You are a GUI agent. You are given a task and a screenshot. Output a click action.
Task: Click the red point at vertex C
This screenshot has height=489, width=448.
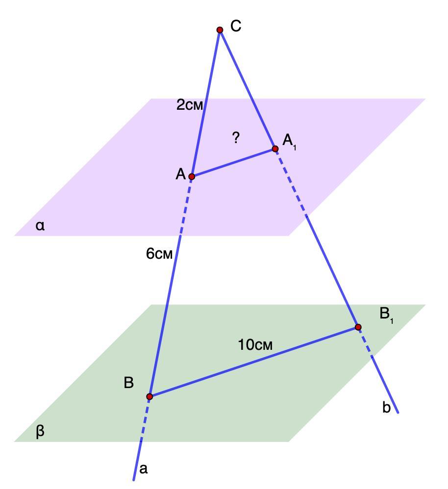point(220,30)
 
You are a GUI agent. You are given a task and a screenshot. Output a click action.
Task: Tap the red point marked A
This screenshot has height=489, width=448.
point(192,176)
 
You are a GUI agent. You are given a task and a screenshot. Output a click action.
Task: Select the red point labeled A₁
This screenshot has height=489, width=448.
point(275,148)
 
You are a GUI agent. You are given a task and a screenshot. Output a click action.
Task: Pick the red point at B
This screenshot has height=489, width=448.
point(149,396)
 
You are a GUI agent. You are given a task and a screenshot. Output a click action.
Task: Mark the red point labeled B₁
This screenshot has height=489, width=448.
point(358,327)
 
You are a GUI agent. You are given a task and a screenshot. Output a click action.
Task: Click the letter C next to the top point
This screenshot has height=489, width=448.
point(236,26)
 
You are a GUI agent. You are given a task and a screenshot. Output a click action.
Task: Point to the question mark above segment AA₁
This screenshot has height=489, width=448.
point(236,138)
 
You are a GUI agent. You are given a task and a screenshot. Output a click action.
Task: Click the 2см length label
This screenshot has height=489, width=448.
point(189,105)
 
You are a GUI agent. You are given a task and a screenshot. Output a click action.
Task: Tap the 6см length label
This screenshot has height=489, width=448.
point(159,254)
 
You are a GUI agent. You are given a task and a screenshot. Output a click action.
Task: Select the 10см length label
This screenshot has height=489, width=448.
point(255,345)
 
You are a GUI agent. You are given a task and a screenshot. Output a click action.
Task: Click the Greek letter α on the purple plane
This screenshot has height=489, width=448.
point(40,226)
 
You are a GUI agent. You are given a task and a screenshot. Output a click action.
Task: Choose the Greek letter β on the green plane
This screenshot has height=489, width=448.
point(40,432)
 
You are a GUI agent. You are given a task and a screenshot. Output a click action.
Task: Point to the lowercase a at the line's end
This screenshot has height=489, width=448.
point(143,469)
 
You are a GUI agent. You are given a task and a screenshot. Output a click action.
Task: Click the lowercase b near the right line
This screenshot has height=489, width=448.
point(386,408)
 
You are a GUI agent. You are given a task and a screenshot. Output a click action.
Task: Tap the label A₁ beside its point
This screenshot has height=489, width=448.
point(289,142)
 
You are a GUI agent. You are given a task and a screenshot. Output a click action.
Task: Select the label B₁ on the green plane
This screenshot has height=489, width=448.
point(386,315)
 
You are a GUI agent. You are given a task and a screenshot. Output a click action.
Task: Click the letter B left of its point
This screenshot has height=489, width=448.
point(129,383)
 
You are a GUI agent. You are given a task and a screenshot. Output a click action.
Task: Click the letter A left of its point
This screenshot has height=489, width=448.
point(180,174)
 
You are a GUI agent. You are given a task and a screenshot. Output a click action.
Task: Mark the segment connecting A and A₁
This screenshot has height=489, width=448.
point(233,163)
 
